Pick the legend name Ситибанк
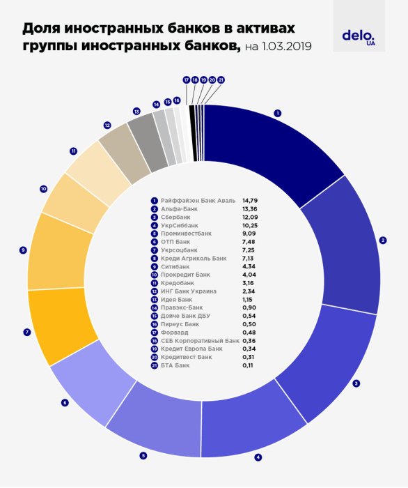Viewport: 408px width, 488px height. point(177,266)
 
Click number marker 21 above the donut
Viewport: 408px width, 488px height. point(221,80)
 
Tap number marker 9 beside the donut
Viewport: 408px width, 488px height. point(23,250)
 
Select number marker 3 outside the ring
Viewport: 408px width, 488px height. point(356,383)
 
